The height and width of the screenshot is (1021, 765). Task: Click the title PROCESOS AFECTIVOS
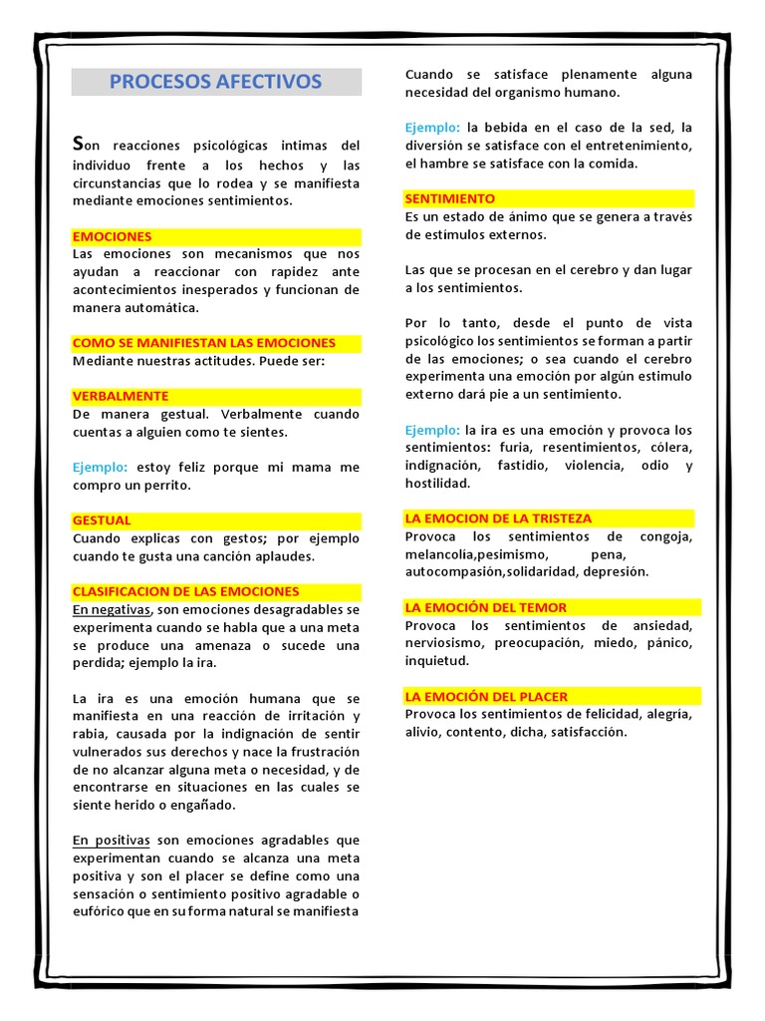(x=215, y=82)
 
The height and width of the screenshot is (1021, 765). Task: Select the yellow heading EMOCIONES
(x=113, y=236)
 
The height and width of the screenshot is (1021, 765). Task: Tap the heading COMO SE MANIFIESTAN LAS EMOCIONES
(x=204, y=343)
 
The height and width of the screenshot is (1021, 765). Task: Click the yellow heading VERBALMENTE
(x=121, y=396)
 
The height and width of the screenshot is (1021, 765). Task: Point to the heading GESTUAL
(x=102, y=520)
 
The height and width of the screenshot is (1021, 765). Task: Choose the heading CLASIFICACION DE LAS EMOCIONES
(x=185, y=591)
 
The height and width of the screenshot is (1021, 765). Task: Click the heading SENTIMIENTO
(x=449, y=198)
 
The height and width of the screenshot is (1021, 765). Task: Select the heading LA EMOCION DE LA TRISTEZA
(x=498, y=518)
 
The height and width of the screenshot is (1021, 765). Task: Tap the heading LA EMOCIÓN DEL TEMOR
(x=485, y=607)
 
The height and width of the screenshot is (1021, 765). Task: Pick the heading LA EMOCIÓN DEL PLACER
(x=486, y=696)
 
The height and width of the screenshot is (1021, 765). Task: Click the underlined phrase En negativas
(x=111, y=609)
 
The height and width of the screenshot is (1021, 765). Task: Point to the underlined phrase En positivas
(x=111, y=841)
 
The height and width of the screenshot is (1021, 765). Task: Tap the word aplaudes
(x=285, y=556)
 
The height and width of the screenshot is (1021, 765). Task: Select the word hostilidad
(x=436, y=484)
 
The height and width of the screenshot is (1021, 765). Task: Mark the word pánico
(x=667, y=643)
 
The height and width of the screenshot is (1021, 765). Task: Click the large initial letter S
(x=80, y=144)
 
